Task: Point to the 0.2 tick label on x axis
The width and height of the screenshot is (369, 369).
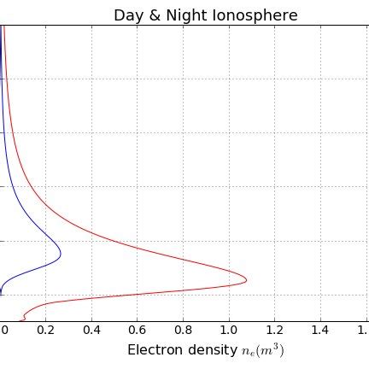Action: tap(45, 330)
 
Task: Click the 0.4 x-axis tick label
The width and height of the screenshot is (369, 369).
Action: tap(91, 330)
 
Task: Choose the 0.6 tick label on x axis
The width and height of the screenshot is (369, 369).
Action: tap(137, 330)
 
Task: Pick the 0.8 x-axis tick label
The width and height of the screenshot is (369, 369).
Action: tap(183, 330)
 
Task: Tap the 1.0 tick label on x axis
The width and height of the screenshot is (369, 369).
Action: tap(228, 330)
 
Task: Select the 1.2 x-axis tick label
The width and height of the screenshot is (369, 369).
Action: tap(274, 330)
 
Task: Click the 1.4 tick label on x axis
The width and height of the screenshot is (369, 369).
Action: tap(319, 330)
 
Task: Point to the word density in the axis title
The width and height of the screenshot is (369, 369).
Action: tap(209, 350)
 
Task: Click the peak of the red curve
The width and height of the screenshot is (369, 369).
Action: tap(246, 279)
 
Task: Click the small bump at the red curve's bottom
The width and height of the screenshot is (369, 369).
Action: tap(25, 314)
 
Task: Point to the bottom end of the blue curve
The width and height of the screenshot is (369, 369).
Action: tap(1, 293)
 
